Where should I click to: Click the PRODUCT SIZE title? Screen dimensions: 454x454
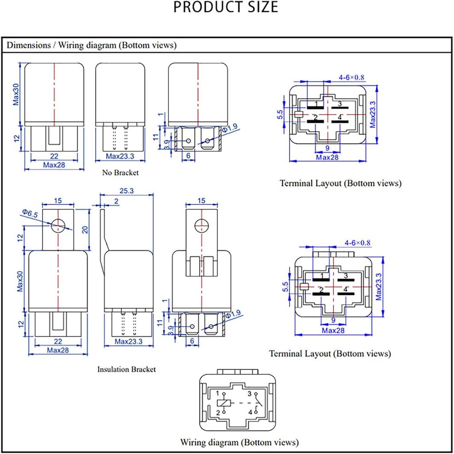pos(226,8)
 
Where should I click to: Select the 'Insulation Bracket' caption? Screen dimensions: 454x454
pos(126,369)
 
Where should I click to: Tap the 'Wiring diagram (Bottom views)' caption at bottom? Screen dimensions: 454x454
pos(239,442)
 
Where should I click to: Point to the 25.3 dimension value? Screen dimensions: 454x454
pos(126,191)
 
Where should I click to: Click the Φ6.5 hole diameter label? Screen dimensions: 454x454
pos(29,214)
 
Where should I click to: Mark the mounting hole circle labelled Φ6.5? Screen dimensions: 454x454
pos(58,225)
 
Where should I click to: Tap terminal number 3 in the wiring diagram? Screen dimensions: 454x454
pos(250,394)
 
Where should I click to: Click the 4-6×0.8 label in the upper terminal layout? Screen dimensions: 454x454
pos(351,78)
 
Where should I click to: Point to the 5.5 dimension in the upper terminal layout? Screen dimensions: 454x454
pos(280,115)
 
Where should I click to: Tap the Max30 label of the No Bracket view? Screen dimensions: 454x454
pos(16,94)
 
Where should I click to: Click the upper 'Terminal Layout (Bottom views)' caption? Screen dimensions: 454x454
pos(340,183)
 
